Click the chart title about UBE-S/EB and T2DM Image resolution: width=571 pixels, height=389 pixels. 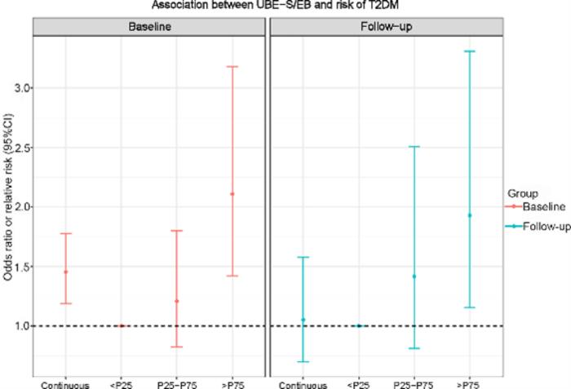pyautogui.click(x=285, y=7)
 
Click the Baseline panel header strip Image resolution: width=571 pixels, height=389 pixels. pyautogui.click(x=149, y=27)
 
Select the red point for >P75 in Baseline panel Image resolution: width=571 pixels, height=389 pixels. pyautogui.click(x=232, y=194)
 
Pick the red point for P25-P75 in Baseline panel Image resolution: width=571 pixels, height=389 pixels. pyautogui.click(x=177, y=301)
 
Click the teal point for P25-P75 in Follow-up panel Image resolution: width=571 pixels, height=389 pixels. pyautogui.click(x=414, y=276)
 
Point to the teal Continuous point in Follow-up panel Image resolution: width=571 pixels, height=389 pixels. pyautogui.click(x=303, y=320)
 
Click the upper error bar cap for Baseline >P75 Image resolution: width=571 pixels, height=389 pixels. pyautogui.click(x=232, y=66)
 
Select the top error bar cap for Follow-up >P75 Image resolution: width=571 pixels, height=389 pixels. pyautogui.click(x=470, y=51)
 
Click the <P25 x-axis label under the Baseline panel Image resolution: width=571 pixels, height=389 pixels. pyautogui.click(x=122, y=383)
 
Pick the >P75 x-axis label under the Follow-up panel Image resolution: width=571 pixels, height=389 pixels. pyautogui.click(x=470, y=383)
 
